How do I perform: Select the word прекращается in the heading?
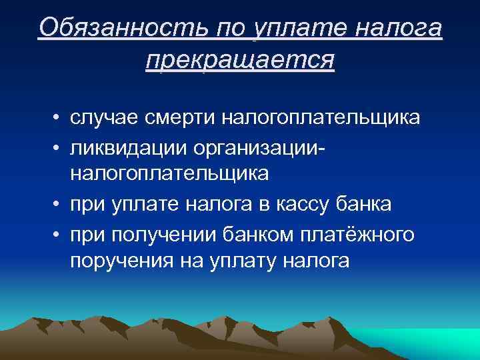239,59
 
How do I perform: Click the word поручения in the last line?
121,261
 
